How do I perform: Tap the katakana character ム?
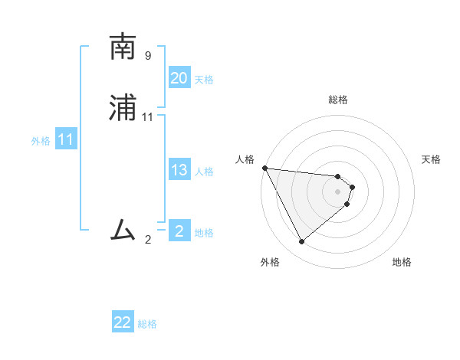[x=123, y=229]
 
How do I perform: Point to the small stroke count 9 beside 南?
[x=148, y=55]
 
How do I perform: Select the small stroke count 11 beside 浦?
[x=148, y=116]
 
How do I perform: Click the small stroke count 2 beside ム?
[x=148, y=239]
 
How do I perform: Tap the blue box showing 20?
[x=179, y=78]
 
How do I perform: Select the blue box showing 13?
[x=179, y=170]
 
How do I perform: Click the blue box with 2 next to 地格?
[x=179, y=231]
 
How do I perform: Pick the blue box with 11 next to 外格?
[x=66, y=140]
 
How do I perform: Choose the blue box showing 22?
[x=123, y=322]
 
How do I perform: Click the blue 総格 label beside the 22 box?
[x=147, y=324]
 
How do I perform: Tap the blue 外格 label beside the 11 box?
[x=41, y=141]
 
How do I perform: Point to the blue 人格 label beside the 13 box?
[x=204, y=172]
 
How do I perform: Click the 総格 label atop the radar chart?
[x=338, y=100]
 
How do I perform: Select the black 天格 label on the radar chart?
[x=432, y=159]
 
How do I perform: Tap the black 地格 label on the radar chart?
[x=402, y=262]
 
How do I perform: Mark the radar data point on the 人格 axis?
[x=264, y=168]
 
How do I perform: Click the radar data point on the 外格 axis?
[x=301, y=242]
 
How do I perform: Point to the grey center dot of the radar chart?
[x=338, y=191]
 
